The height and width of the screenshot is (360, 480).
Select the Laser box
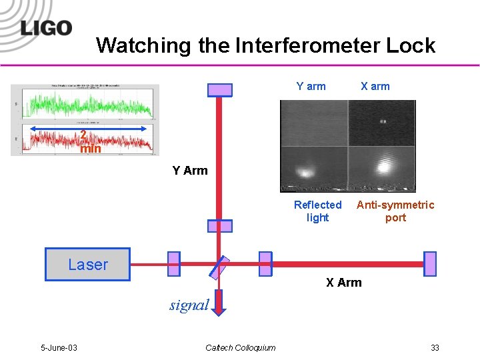pos(87,264)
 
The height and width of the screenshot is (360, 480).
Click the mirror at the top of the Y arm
pos(220,90)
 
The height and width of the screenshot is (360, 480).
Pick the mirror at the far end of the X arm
pos(430,264)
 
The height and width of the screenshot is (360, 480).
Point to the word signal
pos(189,305)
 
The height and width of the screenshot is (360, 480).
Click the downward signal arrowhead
pos(220,308)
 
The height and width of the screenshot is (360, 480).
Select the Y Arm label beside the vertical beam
pos(190,171)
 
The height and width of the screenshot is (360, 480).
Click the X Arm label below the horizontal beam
pos(344,283)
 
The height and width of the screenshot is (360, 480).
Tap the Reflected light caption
pos(317,211)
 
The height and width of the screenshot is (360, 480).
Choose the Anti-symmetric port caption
pos(395,211)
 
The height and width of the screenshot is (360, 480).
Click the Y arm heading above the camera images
pos(311,86)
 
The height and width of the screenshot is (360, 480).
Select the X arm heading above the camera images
pos(375,86)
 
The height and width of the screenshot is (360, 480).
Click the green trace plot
pos(87,105)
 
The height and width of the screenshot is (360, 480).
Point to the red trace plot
pos(87,138)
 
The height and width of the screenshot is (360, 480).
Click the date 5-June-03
pos(59,347)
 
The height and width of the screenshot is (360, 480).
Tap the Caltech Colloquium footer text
pos(240,347)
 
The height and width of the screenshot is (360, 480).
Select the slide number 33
pos(435,347)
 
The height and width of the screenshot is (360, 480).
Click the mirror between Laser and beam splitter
pos(174,264)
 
